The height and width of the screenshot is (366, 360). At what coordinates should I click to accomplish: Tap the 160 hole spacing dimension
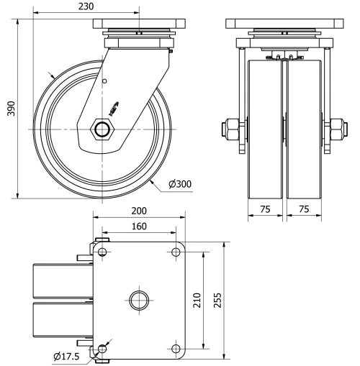[139, 227]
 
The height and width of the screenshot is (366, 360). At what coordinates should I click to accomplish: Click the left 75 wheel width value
[266, 209]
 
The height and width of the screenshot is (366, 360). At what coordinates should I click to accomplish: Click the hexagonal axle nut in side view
[102, 129]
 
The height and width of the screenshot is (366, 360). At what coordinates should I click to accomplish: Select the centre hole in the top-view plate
[139, 299]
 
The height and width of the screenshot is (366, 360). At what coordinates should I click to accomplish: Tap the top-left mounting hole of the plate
[102, 252]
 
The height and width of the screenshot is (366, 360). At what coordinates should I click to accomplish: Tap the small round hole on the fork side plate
[104, 81]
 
